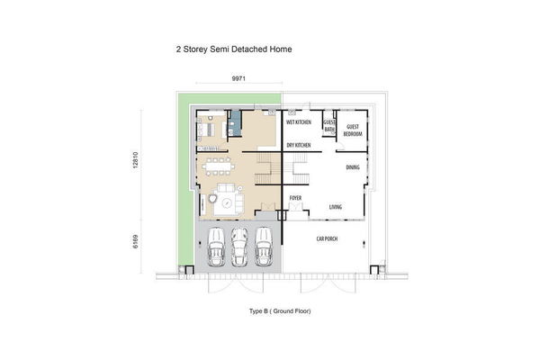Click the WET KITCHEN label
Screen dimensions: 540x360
click(299, 122)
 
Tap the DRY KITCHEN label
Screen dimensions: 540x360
click(299, 146)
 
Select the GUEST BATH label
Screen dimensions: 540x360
click(329, 126)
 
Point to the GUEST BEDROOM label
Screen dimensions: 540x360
click(353, 130)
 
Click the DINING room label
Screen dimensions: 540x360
click(353, 167)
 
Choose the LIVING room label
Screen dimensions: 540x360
click(336, 207)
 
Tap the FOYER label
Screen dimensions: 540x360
click(295, 198)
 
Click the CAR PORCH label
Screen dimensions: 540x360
click(327, 238)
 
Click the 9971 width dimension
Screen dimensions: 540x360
click(238, 78)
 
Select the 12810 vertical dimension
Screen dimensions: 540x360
click(135, 160)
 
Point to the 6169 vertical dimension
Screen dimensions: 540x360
click(135, 241)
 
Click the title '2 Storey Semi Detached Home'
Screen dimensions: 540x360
click(234, 49)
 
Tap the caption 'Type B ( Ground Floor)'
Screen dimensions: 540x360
click(280, 311)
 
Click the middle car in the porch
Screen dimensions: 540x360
click(239, 247)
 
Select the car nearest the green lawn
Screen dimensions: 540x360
click(216, 247)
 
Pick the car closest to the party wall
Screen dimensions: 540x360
click(264, 247)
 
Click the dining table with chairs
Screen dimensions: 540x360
click(218, 166)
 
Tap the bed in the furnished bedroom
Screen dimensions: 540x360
click(205, 130)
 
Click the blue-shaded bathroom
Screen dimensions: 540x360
click(236, 123)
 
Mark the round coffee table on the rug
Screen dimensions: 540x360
click(227, 203)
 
